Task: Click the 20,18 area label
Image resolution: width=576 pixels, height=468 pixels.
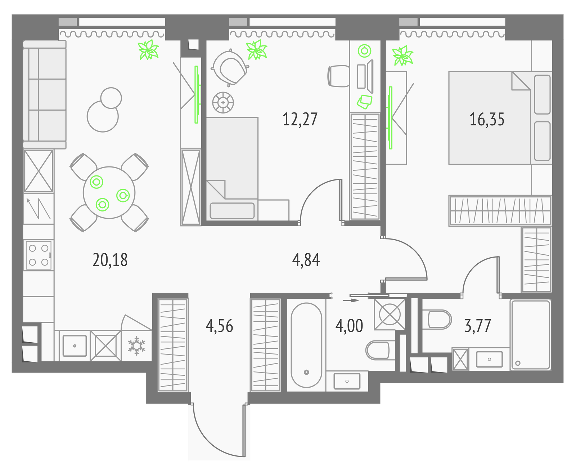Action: [x=110, y=260]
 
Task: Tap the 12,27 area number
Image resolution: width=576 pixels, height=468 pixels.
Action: [x=300, y=119]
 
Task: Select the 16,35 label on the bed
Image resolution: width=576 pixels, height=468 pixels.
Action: [x=487, y=119]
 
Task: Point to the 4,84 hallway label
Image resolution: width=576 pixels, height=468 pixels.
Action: [x=306, y=260]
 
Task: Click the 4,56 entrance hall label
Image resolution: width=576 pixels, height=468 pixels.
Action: [x=219, y=326]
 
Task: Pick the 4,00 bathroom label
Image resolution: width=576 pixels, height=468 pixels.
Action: [x=349, y=326]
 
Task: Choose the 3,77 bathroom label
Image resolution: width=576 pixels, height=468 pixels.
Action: [x=478, y=326]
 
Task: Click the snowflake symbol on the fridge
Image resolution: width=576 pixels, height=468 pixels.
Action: [x=136, y=346]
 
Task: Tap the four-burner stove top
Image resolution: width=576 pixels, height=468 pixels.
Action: [x=39, y=255]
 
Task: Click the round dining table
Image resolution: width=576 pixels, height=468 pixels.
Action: [x=109, y=192]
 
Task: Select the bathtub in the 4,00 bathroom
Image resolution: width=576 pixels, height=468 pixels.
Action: [x=306, y=345]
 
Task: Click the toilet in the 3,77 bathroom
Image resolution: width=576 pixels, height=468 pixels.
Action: [x=437, y=320]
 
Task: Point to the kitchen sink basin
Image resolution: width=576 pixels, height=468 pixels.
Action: [x=75, y=346]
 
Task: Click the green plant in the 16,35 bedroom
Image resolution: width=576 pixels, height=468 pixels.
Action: [x=402, y=56]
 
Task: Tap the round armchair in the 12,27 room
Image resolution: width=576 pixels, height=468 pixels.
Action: [x=230, y=68]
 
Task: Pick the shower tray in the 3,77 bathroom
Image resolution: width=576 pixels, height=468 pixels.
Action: [x=531, y=335]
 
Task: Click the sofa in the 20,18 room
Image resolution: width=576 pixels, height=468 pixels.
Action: [x=45, y=94]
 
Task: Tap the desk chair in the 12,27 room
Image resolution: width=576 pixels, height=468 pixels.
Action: [x=338, y=76]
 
